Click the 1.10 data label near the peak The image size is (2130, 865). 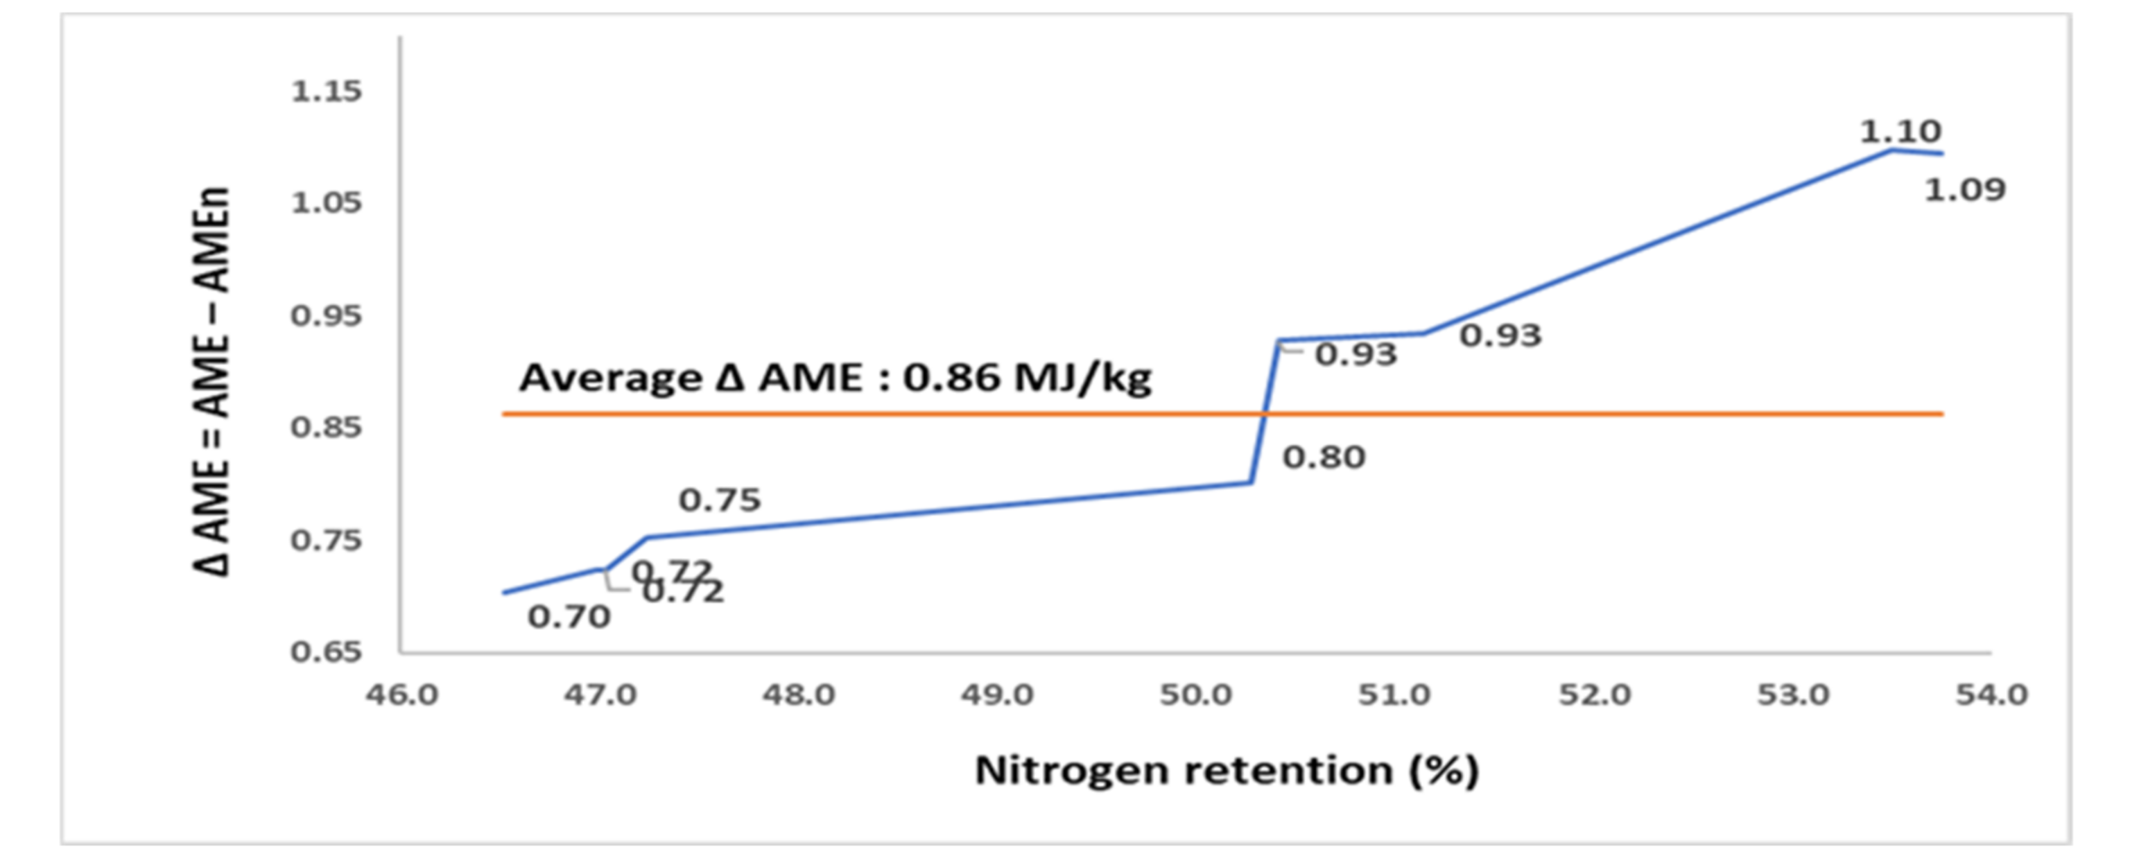[x=1900, y=131]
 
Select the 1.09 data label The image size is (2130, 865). [x=1964, y=190]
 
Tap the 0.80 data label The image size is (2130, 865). [x=1323, y=457]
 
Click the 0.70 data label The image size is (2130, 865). [x=569, y=616]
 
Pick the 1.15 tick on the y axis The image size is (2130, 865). [x=327, y=91]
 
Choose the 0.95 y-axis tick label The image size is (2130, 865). [x=327, y=315]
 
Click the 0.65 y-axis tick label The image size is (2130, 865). [x=327, y=652]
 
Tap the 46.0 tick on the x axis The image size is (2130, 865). [x=403, y=694]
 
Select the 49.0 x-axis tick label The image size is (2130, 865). [x=997, y=694]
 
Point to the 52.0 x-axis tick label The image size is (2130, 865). [x=1594, y=694]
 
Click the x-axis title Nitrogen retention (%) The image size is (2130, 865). [x=1227, y=771]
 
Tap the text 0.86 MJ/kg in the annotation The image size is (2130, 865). [x=1027, y=378]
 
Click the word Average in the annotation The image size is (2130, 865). [x=610, y=378]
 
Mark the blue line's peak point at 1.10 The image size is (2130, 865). [x=1894, y=150]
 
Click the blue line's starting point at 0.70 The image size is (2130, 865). [x=503, y=593]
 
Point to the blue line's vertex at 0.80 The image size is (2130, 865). [x=1251, y=482]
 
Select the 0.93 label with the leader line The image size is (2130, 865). [x=1356, y=355]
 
